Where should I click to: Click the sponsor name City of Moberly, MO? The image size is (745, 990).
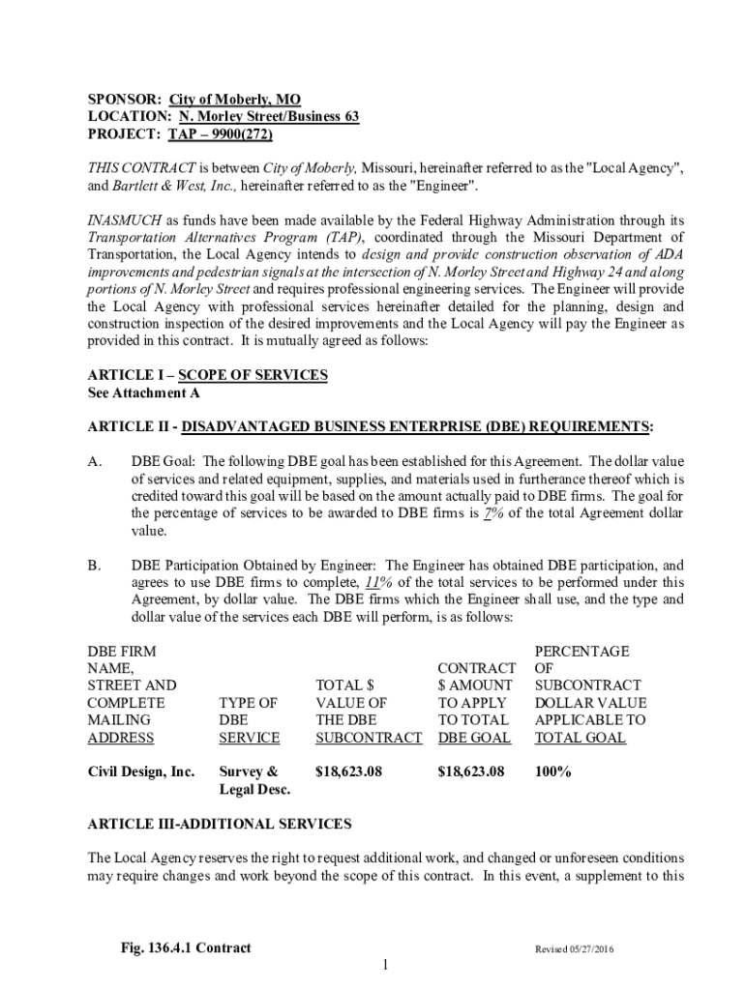(235, 100)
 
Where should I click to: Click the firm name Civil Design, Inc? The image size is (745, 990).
(141, 772)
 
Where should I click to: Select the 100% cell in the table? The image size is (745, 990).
(552, 772)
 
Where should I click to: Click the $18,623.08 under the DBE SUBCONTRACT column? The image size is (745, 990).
(349, 772)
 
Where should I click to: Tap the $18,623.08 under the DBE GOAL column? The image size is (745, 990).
(471, 772)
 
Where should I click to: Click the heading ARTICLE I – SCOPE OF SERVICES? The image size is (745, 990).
(207, 375)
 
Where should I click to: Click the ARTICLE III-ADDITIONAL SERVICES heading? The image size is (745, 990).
(220, 825)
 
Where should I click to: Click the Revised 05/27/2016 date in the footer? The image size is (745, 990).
(575, 948)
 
